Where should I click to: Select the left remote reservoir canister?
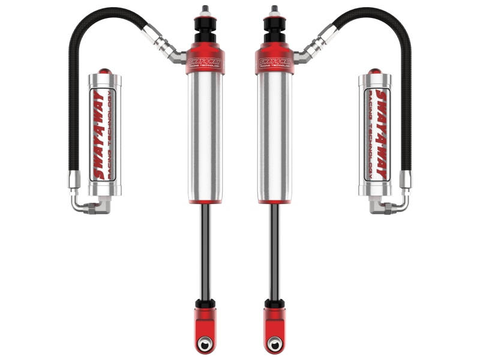[106, 135]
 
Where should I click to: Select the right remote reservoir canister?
[374, 135]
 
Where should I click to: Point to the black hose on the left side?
[77, 90]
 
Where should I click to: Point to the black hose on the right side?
[403, 90]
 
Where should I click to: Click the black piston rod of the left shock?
[205, 252]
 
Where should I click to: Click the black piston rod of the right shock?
[275, 252]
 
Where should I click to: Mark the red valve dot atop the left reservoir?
[106, 71]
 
